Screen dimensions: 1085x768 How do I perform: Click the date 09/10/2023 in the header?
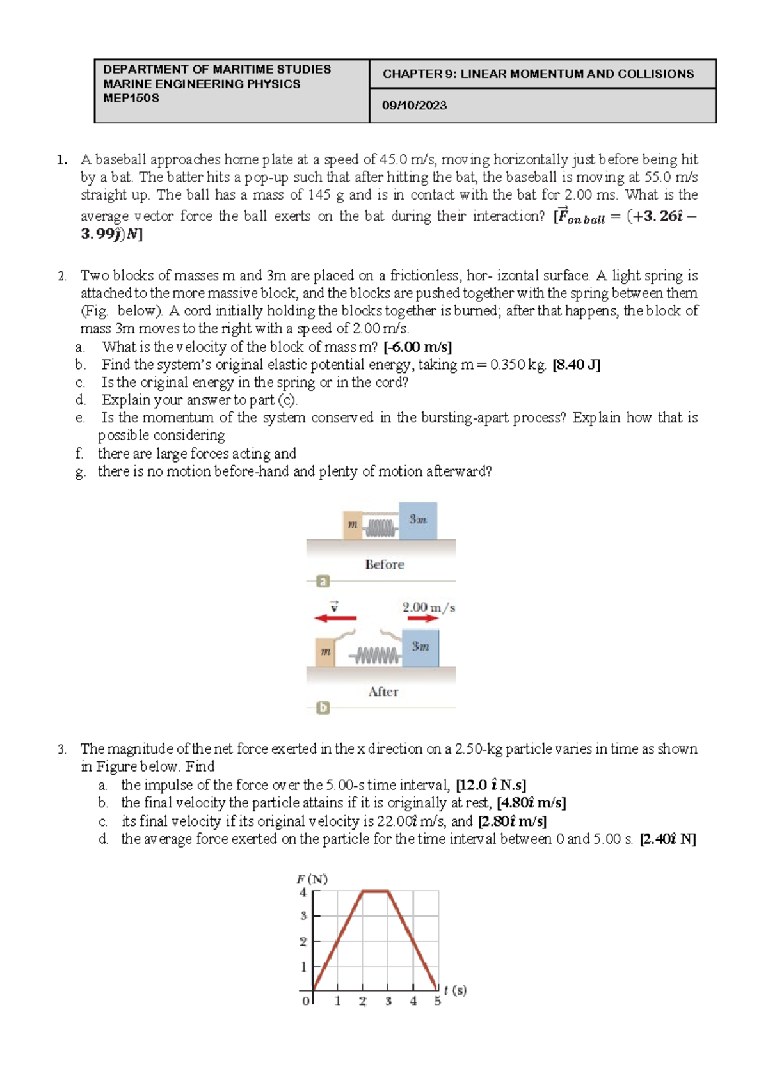point(414,106)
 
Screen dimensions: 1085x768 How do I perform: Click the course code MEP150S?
point(131,99)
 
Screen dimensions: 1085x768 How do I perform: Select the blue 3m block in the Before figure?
point(418,520)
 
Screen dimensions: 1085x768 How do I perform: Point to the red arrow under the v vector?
point(336,618)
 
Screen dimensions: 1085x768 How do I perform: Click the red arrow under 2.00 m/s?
point(422,619)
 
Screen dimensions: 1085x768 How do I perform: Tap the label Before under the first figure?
point(385,564)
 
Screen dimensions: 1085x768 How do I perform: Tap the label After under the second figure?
point(383,692)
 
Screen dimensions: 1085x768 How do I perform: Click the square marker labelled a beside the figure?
point(323,581)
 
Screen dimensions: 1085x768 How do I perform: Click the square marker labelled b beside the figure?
point(323,708)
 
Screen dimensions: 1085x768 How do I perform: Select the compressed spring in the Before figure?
point(381,528)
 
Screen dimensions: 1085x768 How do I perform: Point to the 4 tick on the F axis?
point(303,892)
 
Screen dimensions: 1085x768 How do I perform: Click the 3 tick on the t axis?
point(388,1001)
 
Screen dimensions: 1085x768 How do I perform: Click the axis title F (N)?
point(312,879)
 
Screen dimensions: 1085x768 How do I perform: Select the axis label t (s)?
point(455,990)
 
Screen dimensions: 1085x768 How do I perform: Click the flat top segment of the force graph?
point(376,891)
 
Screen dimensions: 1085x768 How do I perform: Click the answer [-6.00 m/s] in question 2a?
point(417,347)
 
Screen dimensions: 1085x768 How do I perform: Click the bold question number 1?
point(61,160)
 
